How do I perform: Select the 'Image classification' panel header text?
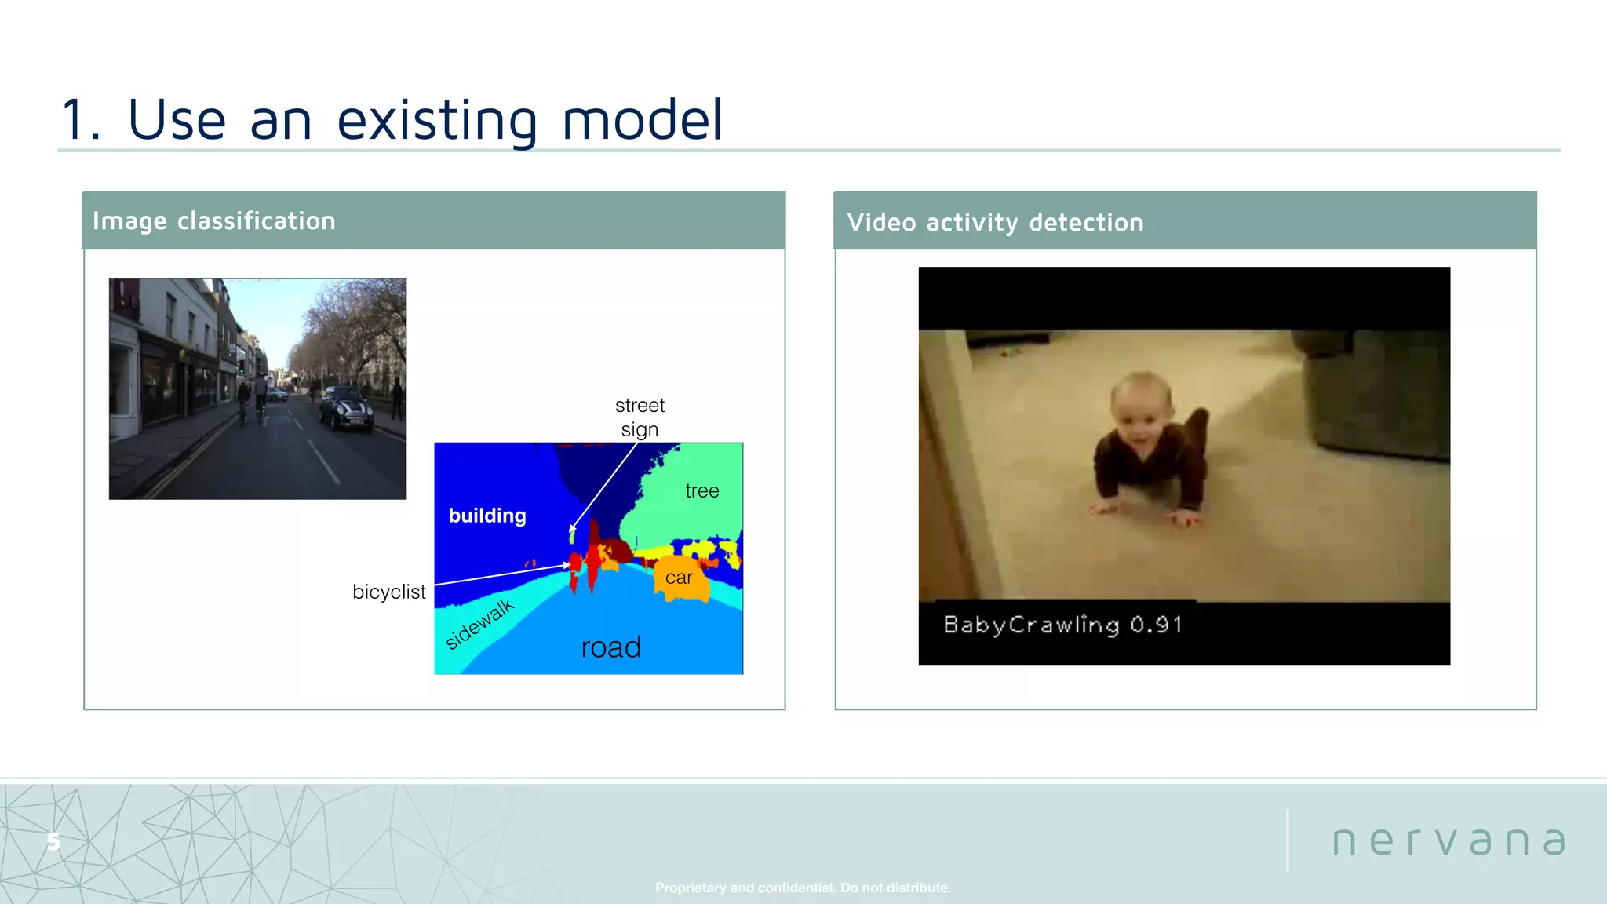click(213, 221)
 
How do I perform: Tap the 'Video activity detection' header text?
click(995, 223)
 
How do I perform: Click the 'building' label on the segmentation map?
click(487, 516)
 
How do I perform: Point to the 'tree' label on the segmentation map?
click(701, 491)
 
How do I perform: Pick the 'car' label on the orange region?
click(679, 578)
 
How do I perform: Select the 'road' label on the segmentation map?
click(611, 647)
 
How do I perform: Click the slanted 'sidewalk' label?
click(479, 624)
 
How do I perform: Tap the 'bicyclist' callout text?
click(388, 592)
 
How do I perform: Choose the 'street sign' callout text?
click(640, 417)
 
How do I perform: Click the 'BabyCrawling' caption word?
click(1031, 625)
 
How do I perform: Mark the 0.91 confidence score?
click(1156, 625)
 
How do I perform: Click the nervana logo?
click(1448, 842)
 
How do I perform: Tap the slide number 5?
click(53, 842)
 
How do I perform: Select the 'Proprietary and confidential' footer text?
click(803, 888)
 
